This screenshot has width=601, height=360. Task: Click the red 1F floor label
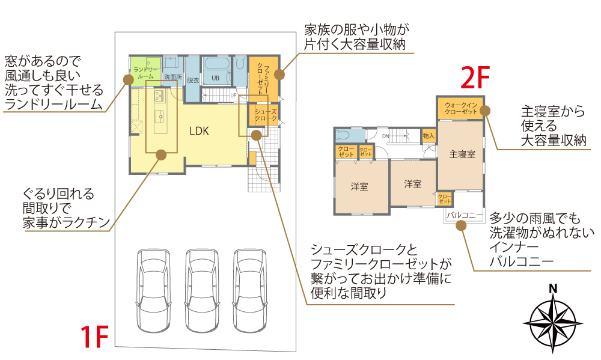pyautogui.click(x=94, y=337)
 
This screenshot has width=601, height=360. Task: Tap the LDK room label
pyautogui.click(x=199, y=130)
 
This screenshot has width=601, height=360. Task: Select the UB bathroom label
pyautogui.click(x=215, y=78)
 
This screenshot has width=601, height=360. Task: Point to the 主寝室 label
pyautogui.click(x=462, y=154)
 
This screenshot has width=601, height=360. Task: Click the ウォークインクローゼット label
pyautogui.click(x=461, y=109)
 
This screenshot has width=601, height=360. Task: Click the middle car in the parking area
pyautogui.click(x=202, y=290)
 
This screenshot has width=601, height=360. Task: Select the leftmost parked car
pyautogui.click(x=153, y=290)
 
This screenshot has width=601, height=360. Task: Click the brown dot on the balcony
pyautogui.click(x=461, y=225)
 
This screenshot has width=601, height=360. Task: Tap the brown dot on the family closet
pyautogui.click(x=279, y=75)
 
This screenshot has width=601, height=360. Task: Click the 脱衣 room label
pyautogui.click(x=192, y=79)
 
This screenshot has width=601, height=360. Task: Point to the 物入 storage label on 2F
pyautogui.click(x=429, y=136)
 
